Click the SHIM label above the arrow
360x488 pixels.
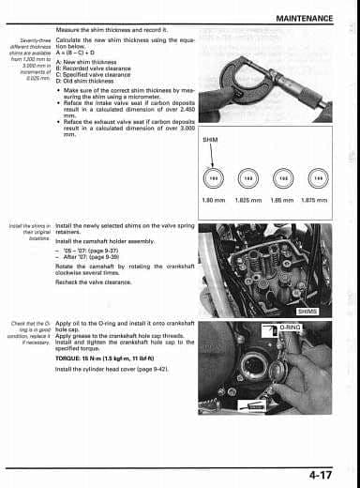point(210,139)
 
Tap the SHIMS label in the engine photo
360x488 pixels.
point(307,311)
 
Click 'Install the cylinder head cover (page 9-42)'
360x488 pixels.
point(117,369)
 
